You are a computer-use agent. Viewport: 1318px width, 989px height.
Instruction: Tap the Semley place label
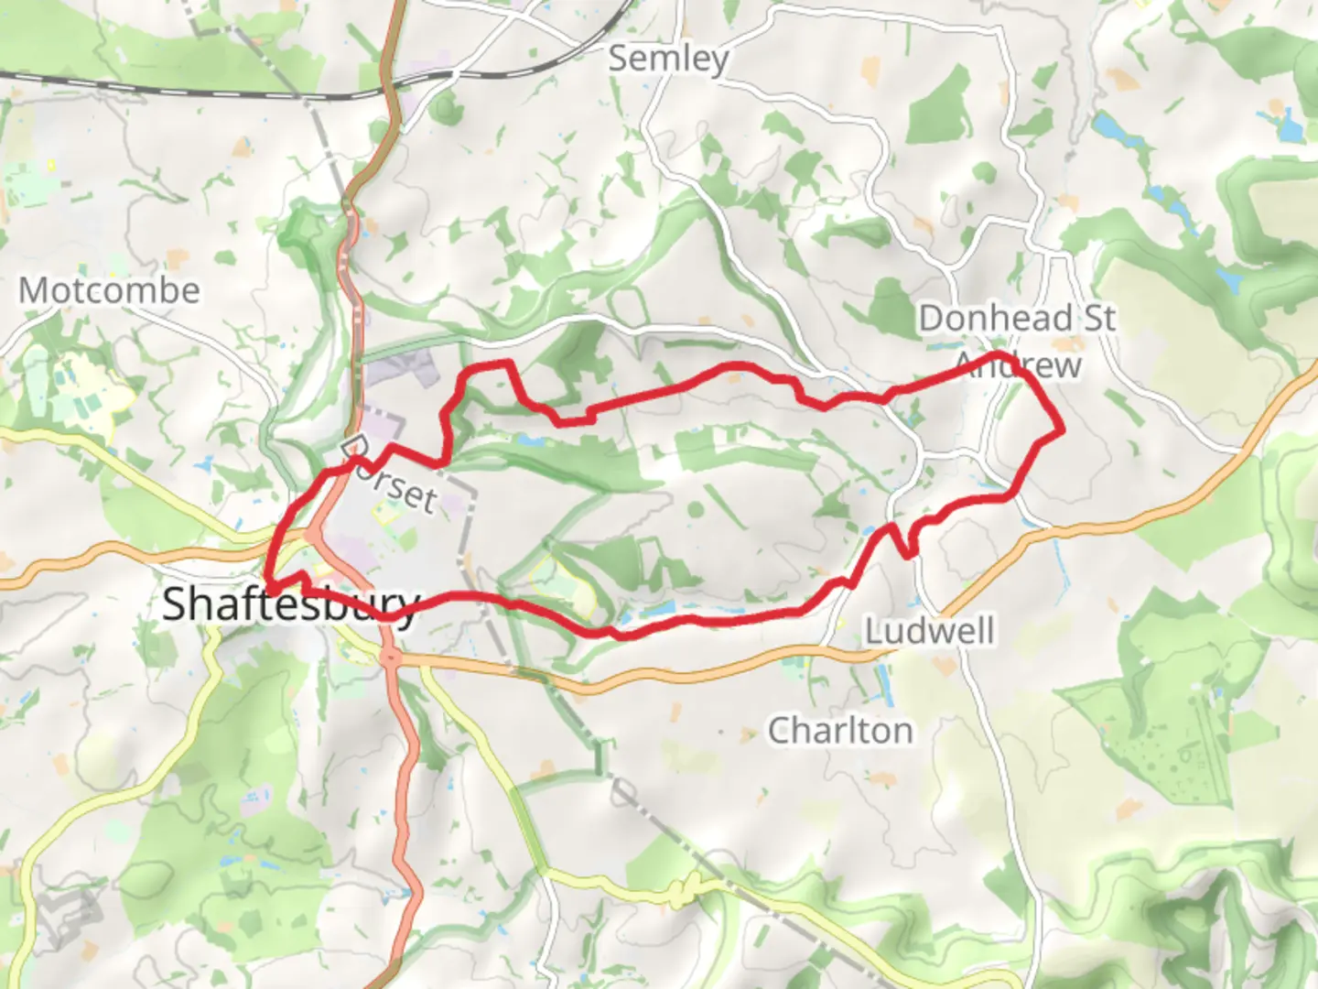pos(669,59)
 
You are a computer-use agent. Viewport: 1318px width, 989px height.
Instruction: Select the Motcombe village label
pos(109,291)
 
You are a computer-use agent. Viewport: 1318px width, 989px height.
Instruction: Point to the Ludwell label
pos(929,631)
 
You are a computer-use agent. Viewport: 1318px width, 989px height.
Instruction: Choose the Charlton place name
pos(839,731)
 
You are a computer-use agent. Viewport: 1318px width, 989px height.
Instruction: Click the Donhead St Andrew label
pos(1017,341)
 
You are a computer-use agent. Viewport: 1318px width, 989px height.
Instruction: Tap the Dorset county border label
pos(394,481)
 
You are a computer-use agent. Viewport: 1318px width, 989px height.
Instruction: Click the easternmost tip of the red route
pos(1064,429)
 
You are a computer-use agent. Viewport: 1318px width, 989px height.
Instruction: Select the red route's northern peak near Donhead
pos(998,355)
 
